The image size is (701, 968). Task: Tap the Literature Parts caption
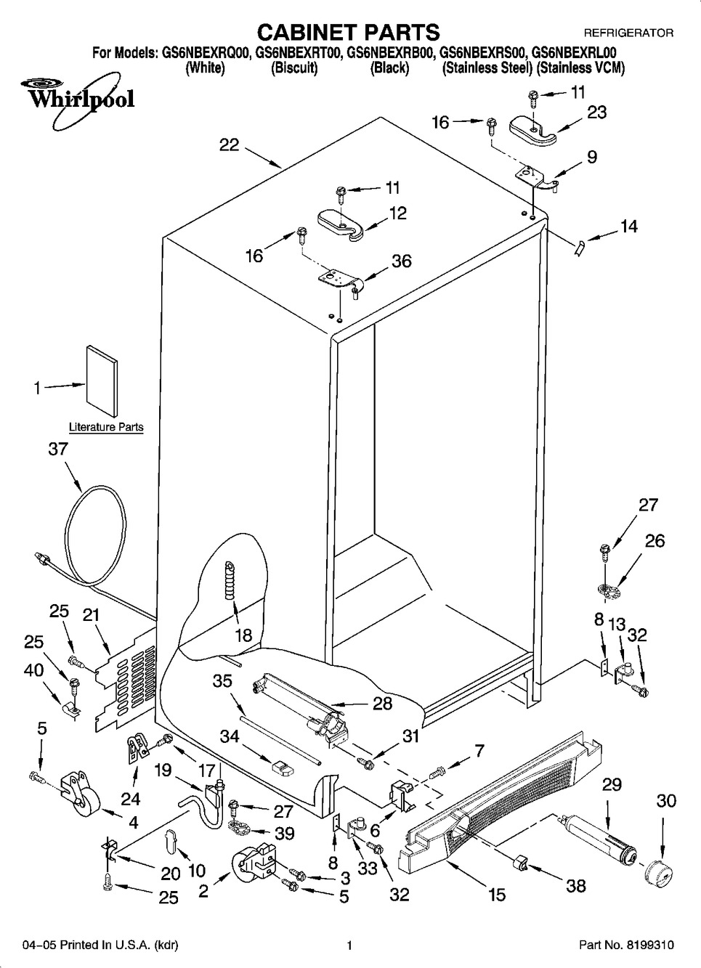pos(106,427)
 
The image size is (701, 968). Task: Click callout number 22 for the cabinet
pos(230,145)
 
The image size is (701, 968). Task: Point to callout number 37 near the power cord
pos(58,449)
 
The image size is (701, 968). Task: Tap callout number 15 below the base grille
pos(497,895)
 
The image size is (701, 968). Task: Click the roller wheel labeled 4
pos(81,802)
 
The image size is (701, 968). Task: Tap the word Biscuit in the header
pos(293,68)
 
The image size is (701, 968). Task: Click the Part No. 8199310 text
pos(626,945)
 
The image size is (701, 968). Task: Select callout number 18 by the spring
pos(243,635)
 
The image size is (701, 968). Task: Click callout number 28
pos(382,703)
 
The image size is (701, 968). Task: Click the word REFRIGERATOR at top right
pos(628,33)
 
